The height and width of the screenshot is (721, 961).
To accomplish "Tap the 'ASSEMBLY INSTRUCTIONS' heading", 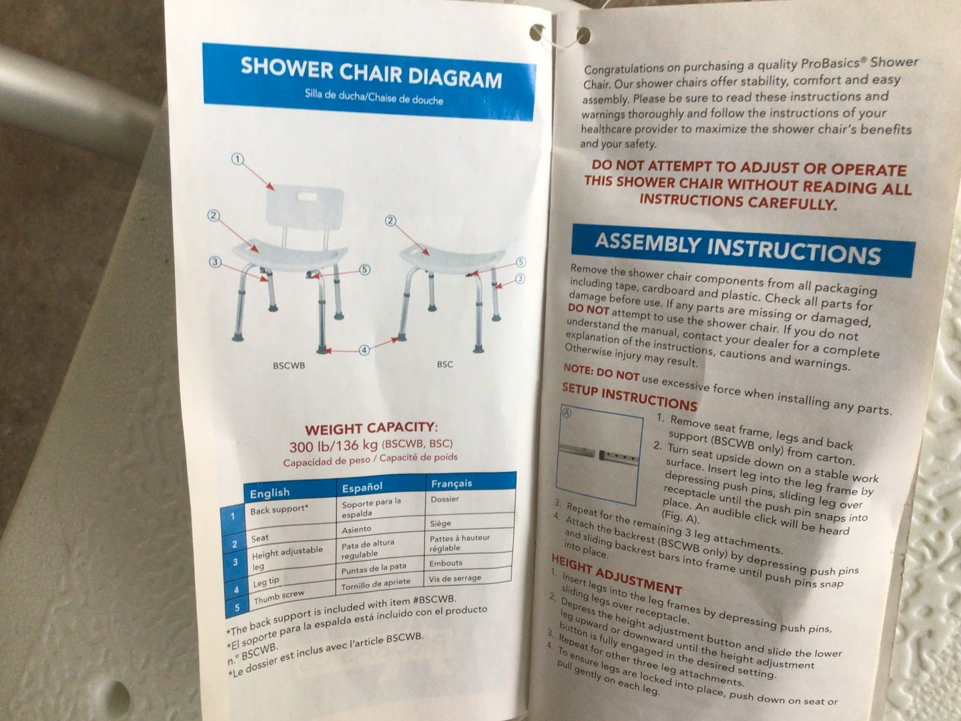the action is coord(737,248).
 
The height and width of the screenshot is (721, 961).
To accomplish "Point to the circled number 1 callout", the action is coord(238,159).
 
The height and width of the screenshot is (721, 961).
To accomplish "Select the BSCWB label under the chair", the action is coord(289,365).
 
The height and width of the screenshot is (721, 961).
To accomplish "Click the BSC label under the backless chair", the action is coord(445,365).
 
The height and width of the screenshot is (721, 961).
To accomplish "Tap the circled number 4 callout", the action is coord(364,350).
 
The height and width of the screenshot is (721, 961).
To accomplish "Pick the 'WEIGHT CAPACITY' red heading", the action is coord(371,428).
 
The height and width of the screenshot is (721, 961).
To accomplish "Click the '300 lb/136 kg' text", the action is coord(333,447).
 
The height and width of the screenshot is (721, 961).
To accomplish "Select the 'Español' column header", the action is coord(362,487).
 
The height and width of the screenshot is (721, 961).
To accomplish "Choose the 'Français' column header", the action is coord(451,483).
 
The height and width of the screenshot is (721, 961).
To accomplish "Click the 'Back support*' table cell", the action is coord(280,509).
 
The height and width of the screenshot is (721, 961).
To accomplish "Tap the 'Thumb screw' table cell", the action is coord(279,597).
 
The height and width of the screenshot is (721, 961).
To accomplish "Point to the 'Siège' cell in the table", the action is coord(440,523).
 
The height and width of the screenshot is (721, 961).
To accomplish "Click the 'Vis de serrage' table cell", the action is coord(455,578).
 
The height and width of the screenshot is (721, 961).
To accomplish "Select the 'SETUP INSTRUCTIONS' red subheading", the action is coord(629,396).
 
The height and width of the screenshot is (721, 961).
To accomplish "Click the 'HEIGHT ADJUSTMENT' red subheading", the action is coord(617,573).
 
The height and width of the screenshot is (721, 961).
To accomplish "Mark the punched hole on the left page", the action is coord(537,33).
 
